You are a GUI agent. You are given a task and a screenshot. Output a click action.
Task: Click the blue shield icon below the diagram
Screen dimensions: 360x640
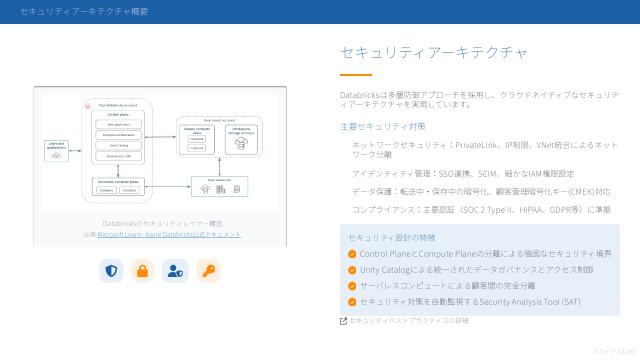(x=111, y=270)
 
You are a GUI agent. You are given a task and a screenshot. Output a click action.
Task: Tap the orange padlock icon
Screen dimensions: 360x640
(x=143, y=270)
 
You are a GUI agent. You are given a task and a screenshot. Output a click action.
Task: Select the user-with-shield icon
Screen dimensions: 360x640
(x=175, y=270)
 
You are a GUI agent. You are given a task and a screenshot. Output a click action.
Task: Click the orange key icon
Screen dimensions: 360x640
(x=208, y=270)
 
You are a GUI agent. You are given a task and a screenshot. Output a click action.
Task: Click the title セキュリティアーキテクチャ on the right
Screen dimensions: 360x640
(x=434, y=52)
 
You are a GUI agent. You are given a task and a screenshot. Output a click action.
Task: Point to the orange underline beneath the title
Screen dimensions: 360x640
(x=355, y=75)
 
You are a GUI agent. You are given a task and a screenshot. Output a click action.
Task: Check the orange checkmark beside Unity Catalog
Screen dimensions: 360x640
(x=352, y=270)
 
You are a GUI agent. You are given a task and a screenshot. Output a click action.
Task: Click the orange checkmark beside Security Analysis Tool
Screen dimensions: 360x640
(x=352, y=301)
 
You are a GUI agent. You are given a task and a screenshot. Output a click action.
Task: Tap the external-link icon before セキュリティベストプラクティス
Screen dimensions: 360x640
(x=344, y=321)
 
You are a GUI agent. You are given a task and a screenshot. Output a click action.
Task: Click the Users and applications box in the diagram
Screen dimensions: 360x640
(x=56, y=149)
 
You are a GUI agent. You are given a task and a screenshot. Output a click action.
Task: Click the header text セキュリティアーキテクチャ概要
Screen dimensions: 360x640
(x=84, y=11)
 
